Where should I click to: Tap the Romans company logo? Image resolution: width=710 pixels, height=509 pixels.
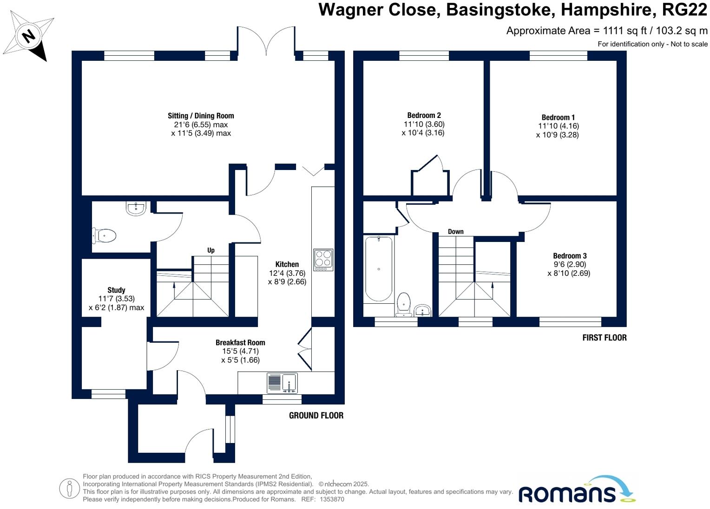576,490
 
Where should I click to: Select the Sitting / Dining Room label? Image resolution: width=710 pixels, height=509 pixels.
201,116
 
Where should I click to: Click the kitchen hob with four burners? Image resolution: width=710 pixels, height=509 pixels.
323,260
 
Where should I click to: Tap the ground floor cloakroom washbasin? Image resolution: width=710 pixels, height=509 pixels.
136,209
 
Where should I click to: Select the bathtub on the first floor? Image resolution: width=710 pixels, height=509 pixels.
379,269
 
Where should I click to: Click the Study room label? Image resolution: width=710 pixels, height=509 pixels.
116,290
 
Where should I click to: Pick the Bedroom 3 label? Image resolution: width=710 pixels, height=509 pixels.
570,256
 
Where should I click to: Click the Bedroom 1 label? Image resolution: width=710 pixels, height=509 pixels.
558,117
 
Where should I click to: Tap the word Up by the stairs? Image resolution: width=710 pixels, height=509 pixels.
211,250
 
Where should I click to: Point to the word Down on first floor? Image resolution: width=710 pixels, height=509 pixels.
455,231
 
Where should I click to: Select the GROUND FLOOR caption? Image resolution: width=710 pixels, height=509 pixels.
316,415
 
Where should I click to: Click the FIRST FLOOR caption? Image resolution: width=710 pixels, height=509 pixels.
604,338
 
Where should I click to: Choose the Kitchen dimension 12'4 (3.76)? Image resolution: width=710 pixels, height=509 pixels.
287,273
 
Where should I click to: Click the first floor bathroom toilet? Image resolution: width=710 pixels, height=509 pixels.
404,304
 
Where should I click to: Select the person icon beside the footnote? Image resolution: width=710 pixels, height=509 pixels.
69,489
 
